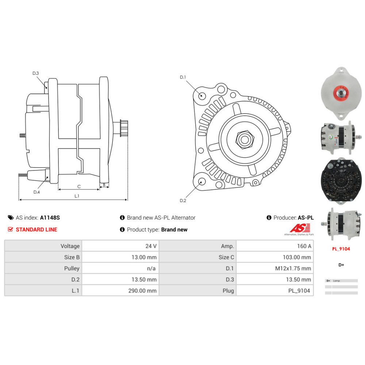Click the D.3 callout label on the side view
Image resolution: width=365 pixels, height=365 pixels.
36,73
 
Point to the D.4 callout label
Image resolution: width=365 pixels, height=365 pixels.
36,192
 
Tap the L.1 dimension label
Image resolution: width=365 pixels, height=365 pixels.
77,196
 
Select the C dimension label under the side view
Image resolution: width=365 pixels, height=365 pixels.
79,186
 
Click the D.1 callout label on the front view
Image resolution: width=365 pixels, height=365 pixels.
183,77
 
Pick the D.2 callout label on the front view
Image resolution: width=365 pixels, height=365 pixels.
183,200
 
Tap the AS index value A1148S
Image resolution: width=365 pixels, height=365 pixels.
50,218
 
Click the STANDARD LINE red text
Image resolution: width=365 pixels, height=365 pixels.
36,230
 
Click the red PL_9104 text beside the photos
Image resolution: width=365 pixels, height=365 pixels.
341,249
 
